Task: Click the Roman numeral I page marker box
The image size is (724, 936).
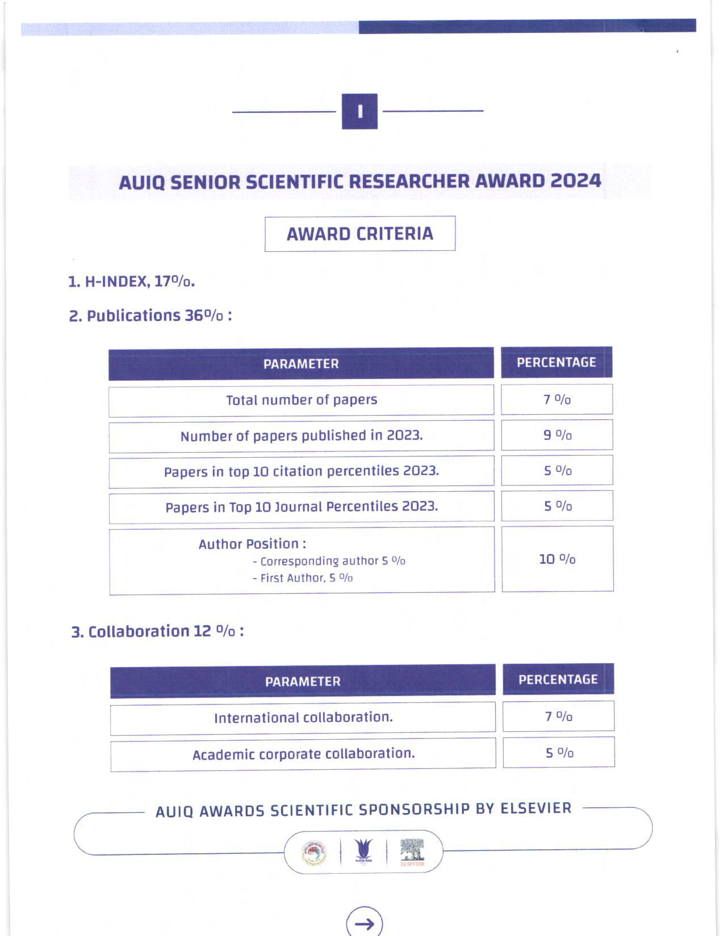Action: (359, 111)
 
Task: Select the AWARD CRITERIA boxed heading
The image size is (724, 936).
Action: (359, 234)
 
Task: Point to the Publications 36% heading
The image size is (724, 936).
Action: (150, 315)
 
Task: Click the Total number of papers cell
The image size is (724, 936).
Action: (301, 400)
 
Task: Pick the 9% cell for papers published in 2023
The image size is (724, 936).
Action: (556, 435)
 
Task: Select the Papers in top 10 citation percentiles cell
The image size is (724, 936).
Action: (301, 471)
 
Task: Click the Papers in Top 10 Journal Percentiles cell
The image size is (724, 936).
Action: (301, 507)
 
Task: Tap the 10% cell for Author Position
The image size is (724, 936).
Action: (557, 559)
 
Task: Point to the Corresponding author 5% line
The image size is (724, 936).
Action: (329, 561)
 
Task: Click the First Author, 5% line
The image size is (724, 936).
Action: (303, 578)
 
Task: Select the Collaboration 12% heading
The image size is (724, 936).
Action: (157, 631)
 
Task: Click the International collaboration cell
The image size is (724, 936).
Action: (303, 718)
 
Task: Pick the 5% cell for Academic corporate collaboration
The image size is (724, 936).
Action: (559, 753)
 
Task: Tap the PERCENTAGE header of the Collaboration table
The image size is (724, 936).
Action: (558, 680)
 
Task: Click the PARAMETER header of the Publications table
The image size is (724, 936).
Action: (301, 364)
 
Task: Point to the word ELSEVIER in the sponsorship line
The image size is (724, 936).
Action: (535, 808)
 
